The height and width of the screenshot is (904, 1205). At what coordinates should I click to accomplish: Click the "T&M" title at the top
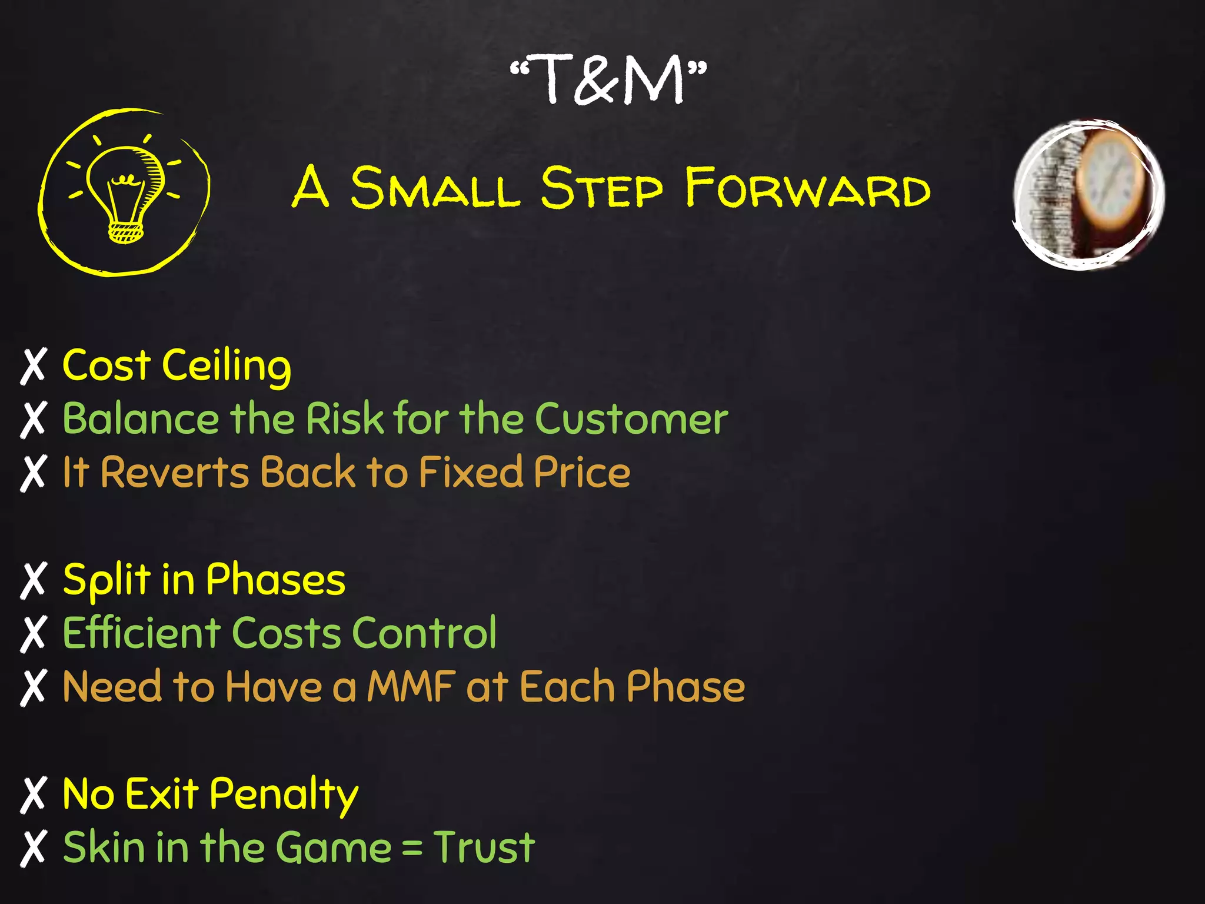[608, 79]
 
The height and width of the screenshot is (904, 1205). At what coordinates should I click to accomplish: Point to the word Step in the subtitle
[601, 188]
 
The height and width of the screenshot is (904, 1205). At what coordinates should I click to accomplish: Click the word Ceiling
[227, 366]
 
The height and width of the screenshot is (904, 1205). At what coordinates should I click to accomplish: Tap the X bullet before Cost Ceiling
[33, 366]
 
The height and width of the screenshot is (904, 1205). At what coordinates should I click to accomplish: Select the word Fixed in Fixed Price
[471, 473]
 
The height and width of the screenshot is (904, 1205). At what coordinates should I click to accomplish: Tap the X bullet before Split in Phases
[33, 580]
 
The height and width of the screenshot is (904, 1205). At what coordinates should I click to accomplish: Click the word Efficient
[141, 633]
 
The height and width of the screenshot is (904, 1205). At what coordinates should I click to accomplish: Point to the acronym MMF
[411, 687]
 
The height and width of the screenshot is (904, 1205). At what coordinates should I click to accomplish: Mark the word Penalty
[284, 795]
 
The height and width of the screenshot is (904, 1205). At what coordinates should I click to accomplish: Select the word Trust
[484, 847]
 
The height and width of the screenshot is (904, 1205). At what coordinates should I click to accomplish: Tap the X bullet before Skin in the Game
[33, 848]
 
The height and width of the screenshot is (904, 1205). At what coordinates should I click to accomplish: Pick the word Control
[424, 633]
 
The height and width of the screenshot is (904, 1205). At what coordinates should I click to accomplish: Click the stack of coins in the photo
[1053, 194]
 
